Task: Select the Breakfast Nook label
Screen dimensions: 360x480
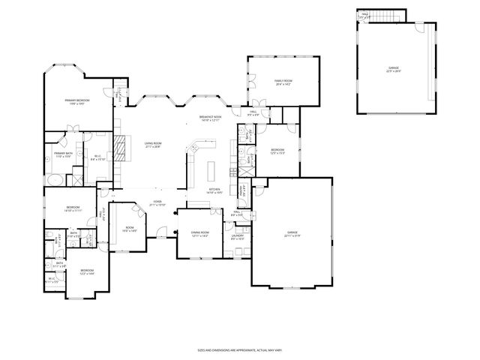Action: (210, 118)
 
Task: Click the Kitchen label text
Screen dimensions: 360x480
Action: (214, 190)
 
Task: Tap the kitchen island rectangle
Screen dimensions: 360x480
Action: (212, 166)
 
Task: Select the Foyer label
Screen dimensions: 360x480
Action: (158, 202)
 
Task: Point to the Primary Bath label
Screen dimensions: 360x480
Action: (62, 155)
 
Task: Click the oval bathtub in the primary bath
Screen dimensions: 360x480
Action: (54, 179)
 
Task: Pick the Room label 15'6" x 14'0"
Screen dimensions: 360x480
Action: (129, 229)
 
